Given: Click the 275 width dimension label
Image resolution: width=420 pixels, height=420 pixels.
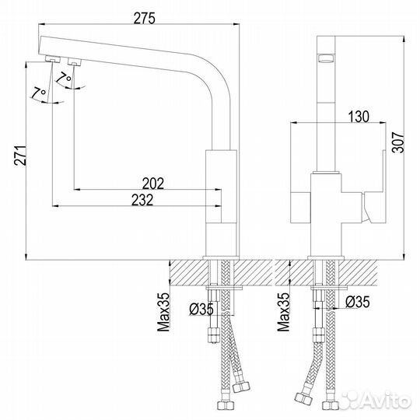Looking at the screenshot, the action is click(x=144, y=19).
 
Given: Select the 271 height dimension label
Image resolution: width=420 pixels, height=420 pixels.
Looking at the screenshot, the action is click(x=20, y=156).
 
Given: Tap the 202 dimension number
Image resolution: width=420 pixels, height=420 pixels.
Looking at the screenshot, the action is click(x=153, y=184).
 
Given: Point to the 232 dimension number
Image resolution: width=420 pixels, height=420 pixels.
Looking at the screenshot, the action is click(x=142, y=200).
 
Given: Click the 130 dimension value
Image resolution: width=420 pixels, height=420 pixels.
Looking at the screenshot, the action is click(x=359, y=117).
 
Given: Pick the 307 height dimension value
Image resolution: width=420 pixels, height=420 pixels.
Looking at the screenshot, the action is click(x=398, y=142).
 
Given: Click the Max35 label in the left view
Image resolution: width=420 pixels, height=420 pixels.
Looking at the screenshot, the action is click(x=163, y=312).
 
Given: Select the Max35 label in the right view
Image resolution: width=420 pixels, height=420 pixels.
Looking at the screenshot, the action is click(x=283, y=312).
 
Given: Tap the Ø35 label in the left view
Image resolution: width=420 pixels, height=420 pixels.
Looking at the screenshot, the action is click(x=201, y=309).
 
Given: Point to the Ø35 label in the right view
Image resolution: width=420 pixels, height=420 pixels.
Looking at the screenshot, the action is click(x=357, y=302).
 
